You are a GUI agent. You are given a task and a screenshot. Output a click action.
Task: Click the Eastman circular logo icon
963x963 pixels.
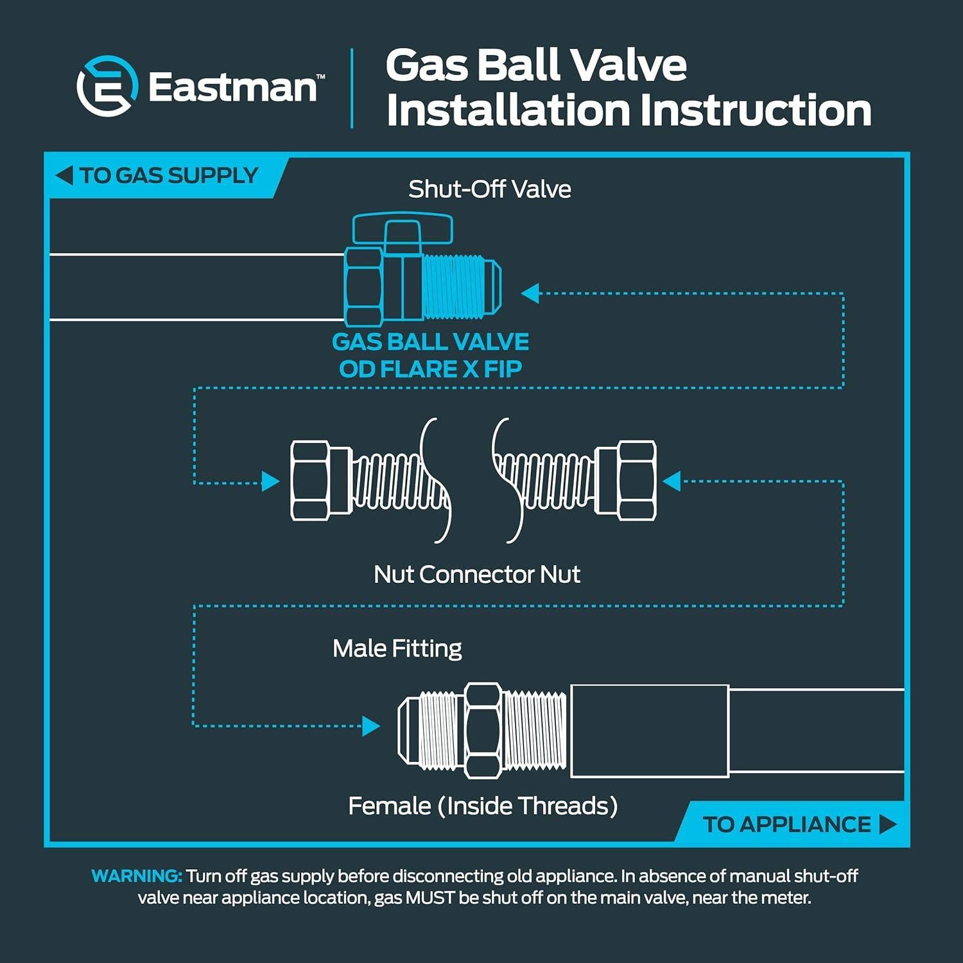coord(107,86)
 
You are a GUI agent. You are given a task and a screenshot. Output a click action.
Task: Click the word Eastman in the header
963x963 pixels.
coord(232,87)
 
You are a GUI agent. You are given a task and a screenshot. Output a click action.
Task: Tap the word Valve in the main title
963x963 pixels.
coord(629,65)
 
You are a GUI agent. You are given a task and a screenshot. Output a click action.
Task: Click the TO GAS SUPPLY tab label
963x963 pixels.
coord(168,175)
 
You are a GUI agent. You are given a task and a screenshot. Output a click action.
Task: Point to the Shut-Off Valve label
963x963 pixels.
coord(489,189)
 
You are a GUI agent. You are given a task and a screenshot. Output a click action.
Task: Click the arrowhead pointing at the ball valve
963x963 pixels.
coord(530,293)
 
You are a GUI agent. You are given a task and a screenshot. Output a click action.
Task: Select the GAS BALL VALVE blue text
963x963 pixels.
coord(430,342)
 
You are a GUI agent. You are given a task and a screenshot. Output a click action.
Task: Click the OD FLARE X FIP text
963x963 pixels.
coord(430,369)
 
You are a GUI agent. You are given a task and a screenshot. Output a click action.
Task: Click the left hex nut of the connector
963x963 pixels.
coord(312,480)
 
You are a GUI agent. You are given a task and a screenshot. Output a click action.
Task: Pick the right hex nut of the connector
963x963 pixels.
coord(635,480)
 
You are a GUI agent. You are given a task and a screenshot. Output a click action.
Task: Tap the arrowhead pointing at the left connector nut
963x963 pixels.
coord(270,481)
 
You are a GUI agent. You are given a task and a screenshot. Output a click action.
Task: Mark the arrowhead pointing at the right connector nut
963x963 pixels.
coord(672,481)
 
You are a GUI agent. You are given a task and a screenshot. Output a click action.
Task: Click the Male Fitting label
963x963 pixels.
coord(397,648)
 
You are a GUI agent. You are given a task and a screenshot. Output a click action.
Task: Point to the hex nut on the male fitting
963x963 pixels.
coord(483,731)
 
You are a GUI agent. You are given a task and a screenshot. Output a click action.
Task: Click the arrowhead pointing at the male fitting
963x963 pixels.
coord(371,726)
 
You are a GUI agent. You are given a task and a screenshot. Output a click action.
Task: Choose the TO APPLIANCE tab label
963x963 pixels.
coord(786,824)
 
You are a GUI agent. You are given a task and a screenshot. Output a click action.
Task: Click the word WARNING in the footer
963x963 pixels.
coord(137,876)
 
